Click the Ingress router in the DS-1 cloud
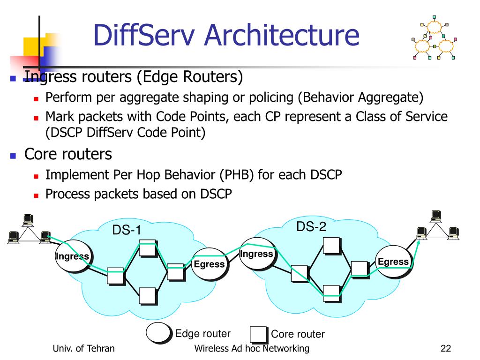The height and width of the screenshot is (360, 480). click(x=72, y=256)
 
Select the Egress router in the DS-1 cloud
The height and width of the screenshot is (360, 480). click(x=209, y=263)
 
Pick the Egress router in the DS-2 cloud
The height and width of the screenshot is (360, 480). click(x=393, y=262)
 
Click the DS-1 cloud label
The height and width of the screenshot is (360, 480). click(x=126, y=230)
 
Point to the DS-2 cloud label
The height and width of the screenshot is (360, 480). click(x=311, y=227)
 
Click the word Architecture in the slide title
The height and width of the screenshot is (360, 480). click(x=281, y=35)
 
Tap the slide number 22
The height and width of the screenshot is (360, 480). click(x=445, y=348)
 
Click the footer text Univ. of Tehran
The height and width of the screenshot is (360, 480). click(x=84, y=348)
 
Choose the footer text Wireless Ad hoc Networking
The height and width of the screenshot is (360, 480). click(x=252, y=348)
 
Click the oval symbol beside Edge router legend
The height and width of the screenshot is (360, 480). click(x=159, y=332)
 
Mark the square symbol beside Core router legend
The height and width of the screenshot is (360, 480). click(x=258, y=334)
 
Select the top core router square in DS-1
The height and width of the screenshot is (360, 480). click(x=148, y=248)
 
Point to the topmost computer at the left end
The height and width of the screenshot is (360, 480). click(x=29, y=219)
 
